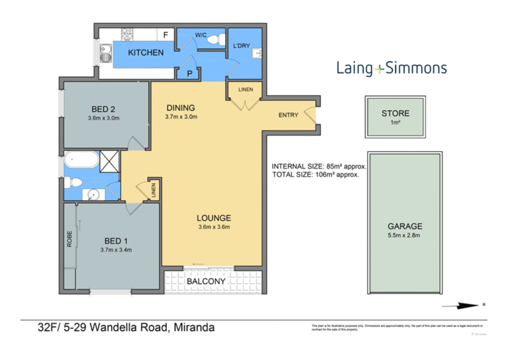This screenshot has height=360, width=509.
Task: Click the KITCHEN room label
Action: [146, 53]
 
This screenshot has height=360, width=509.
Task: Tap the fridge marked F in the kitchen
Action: [165, 35]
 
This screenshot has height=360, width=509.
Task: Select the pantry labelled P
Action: [189, 73]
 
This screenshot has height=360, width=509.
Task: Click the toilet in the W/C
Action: [216, 40]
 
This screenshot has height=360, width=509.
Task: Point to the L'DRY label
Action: [241, 46]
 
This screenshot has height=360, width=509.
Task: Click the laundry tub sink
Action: [257, 53]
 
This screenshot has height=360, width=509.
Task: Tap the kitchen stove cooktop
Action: [127, 34]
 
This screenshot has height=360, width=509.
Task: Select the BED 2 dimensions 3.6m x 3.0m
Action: [103, 118]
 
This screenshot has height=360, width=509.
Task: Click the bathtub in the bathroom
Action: [81, 160]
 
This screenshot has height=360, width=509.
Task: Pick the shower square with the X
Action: [109, 161]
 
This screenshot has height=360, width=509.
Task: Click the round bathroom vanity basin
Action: [93, 195]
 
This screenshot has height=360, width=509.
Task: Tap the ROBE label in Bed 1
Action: [69, 239]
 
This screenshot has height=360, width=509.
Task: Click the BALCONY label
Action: [206, 281]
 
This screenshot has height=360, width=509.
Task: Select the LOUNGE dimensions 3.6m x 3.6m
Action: [214, 227]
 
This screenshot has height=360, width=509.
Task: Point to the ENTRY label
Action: [288, 115]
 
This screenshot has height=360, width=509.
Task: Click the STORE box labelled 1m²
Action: [395, 117]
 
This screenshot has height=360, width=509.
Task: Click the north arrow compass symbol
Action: [465, 305]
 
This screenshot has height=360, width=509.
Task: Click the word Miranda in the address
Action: [194, 327]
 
